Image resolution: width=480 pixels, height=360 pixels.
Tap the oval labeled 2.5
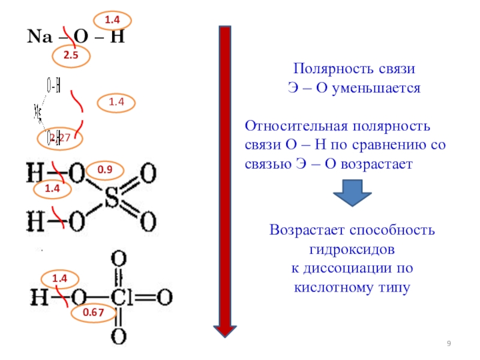67,56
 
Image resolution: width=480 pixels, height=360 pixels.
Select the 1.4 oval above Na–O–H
112,21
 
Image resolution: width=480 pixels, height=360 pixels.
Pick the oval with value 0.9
105,170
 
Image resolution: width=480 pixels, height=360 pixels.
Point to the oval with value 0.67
89,312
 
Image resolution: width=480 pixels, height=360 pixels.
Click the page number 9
449,343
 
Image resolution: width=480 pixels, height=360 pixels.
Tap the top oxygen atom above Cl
119,260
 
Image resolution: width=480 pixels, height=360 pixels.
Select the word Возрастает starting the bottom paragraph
308,230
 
